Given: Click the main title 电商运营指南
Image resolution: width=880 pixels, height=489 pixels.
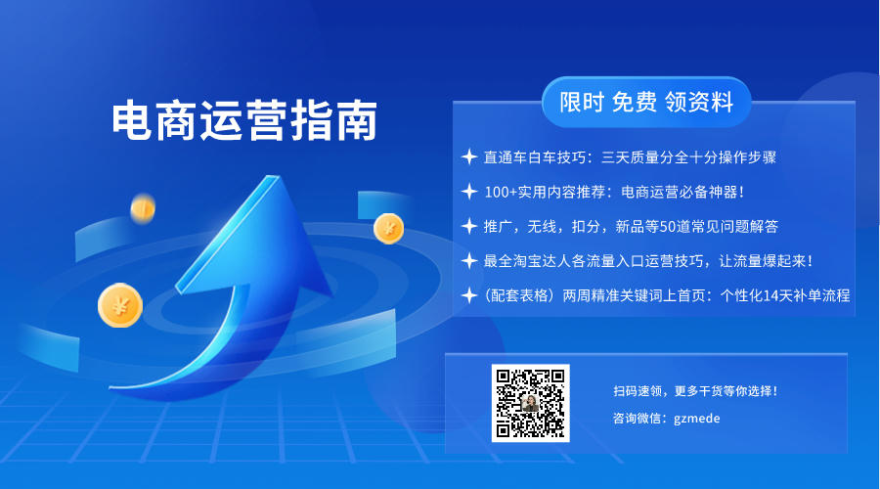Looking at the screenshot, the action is [244, 120].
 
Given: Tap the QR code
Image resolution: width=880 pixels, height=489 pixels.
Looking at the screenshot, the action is [530, 403].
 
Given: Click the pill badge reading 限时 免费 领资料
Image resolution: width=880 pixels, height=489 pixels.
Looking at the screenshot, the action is [646, 102].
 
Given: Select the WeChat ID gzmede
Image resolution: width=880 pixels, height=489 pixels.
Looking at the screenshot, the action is [696, 419].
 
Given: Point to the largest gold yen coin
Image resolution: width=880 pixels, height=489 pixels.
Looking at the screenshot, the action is [120, 305].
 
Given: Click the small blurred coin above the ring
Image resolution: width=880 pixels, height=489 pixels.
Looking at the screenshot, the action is [143, 209].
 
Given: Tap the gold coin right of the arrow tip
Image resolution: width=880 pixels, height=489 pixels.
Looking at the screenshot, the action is [388, 229].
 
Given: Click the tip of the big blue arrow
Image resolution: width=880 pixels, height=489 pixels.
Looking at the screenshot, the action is [275, 177].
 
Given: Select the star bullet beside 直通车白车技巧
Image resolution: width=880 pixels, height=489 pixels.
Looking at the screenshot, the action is [469, 157].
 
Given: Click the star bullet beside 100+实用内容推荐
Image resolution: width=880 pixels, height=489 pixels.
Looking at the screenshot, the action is [469, 192].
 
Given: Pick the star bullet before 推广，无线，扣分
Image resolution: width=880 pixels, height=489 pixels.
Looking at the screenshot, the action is [469, 226].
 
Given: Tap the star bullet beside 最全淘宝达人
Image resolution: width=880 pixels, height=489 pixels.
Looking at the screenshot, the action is [469, 261].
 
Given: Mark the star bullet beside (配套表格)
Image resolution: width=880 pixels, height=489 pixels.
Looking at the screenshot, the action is [469, 295].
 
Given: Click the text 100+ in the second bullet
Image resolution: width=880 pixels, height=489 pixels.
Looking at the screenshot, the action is [501, 192].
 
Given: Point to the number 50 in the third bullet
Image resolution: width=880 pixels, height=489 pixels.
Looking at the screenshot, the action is [667, 227].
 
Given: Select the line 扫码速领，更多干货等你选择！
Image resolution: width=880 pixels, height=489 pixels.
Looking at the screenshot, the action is [695, 391].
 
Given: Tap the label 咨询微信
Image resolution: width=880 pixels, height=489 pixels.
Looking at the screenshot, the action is [637, 419].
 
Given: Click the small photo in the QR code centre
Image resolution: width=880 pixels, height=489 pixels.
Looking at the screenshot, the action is [530, 403].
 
